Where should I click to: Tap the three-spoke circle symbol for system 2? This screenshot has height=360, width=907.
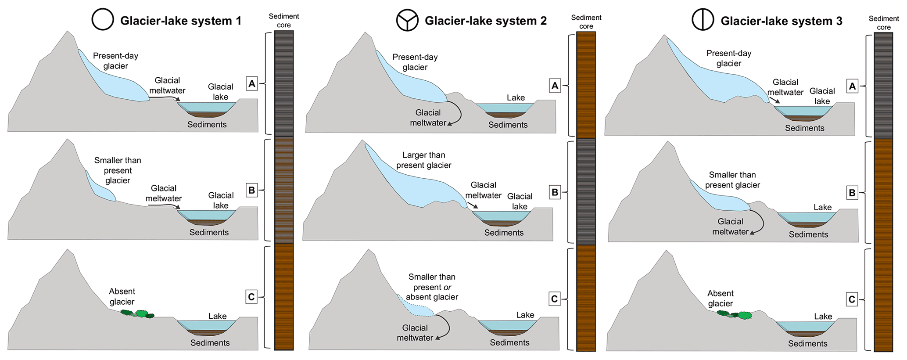407,20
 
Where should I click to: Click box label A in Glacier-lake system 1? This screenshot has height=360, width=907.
251,83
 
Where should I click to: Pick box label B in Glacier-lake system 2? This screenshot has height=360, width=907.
555,192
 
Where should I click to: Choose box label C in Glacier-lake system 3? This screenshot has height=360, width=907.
852,299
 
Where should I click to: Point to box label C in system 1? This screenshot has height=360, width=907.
251,297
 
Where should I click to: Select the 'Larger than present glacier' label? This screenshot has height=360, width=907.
423,160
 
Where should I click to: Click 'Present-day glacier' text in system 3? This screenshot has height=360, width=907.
728,58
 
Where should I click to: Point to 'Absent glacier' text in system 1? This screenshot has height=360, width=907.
122,296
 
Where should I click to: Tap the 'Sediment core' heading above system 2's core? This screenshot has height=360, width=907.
586,22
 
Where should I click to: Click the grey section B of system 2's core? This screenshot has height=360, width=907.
586,191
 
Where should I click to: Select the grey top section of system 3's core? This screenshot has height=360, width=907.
883,86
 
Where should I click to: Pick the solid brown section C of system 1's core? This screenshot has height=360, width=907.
283,296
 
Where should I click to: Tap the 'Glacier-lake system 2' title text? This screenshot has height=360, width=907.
485,21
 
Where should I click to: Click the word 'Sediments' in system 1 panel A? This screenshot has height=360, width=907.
207,125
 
